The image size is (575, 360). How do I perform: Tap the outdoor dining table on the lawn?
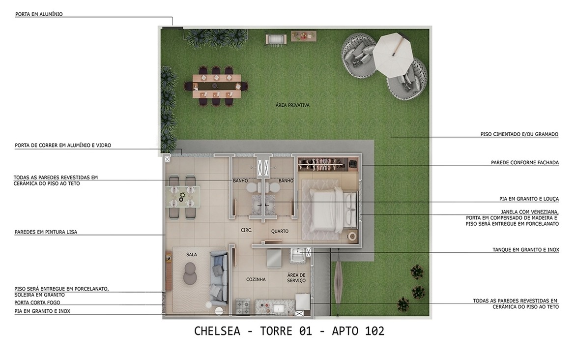point(216,86)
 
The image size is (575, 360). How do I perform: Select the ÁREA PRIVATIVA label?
point(292,105)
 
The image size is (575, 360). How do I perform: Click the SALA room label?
point(192,254)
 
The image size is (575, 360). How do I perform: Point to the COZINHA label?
point(256,279)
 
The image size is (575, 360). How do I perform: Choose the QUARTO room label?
point(280,231)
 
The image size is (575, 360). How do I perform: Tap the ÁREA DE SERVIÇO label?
point(296,278)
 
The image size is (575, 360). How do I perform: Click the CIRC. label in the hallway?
point(246,230)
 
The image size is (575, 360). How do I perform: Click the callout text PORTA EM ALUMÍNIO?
point(39,14)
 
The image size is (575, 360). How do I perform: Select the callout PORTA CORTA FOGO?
point(37,302)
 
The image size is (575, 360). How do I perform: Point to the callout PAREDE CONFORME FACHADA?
point(524,162)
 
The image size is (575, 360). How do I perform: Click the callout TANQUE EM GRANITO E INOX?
point(525,250)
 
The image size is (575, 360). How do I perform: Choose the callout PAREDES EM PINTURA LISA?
point(46,232)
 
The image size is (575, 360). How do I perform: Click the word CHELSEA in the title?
point(217,331)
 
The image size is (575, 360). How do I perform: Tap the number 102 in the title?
point(374,331)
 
